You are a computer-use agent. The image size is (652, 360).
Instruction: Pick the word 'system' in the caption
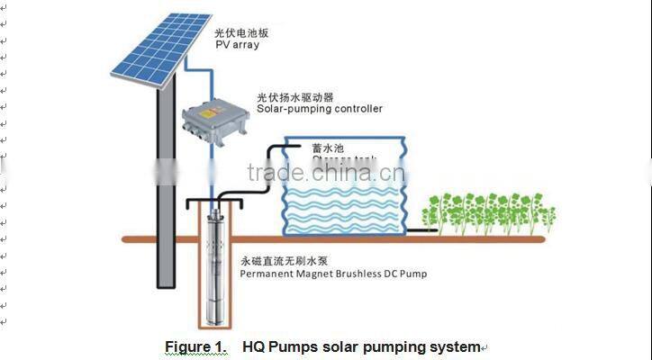pyautogui.click(x=455, y=346)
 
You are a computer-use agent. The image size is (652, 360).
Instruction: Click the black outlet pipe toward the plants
pyautogui.click(x=421, y=230)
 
